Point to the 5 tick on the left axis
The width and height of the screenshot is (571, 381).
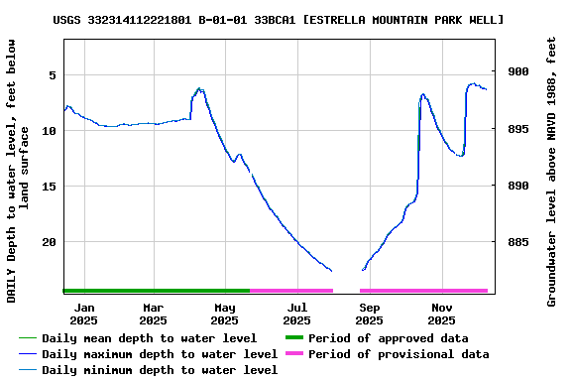coord(52,74)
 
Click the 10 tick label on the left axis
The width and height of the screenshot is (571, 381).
coord(49,130)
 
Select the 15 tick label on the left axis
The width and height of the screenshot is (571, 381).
coord(49,186)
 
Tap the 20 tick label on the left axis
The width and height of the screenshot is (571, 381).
coord(49,241)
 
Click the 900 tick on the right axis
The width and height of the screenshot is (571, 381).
coord(517,71)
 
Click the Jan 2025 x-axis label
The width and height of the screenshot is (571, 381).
coord(83,314)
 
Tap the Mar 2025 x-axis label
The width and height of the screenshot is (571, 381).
coord(153,314)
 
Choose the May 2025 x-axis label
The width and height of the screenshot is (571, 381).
coord(225,314)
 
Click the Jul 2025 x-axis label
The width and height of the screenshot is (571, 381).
coord(296,314)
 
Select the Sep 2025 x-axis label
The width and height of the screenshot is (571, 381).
coord(369,314)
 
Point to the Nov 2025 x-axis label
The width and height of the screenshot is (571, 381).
coord(441,314)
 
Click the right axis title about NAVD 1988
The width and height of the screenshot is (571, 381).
coord(552,171)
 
